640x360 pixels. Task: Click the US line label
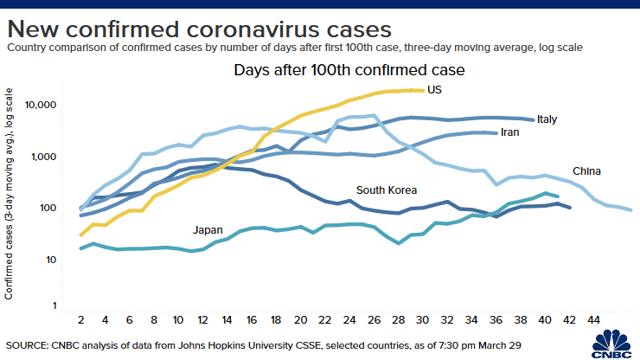click(x=434, y=89)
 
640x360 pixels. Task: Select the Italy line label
click(x=547, y=119)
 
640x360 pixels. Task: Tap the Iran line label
click(x=509, y=132)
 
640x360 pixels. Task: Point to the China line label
click(x=586, y=170)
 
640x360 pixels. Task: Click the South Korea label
click(x=387, y=190)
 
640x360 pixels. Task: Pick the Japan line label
click(x=208, y=229)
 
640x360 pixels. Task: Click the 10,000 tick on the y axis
click(x=41, y=105)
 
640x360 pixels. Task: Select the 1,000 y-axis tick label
click(x=43, y=157)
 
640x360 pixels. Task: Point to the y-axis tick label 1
click(x=54, y=305)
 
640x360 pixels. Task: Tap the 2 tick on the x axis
click(x=80, y=319)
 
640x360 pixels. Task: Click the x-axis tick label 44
click(x=594, y=319)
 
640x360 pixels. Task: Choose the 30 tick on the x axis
click(x=422, y=319)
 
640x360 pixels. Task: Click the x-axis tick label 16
click(x=252, y=319)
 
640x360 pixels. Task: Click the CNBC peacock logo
click(x=611, y=344)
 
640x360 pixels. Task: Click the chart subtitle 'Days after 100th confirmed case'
click(x=349, y=70)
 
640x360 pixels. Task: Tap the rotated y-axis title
click(x=9, y=194)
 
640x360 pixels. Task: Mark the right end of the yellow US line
click(x=423, y=90)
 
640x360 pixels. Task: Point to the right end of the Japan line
click(x=557, y=196)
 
